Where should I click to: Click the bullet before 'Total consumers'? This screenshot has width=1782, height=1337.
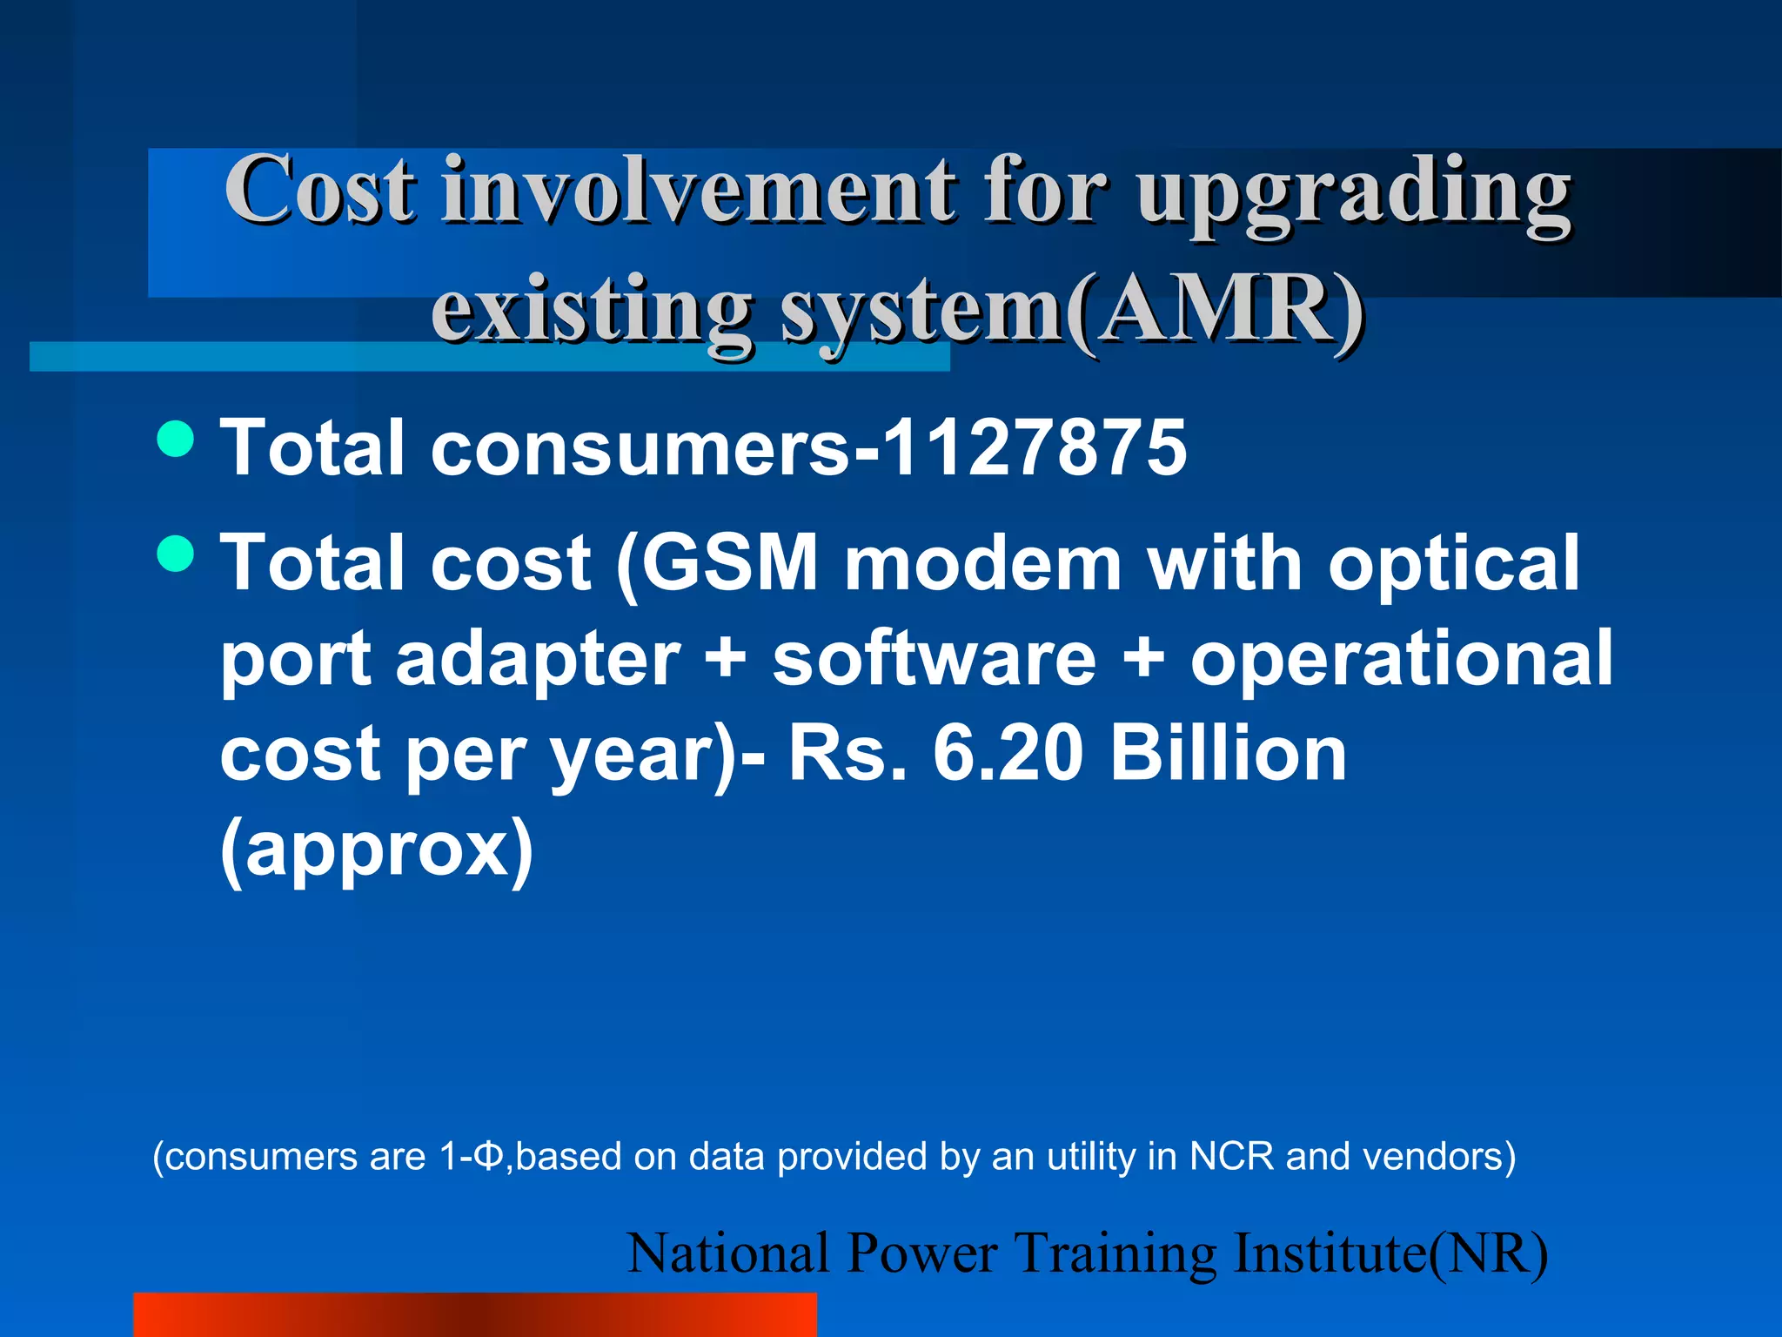(x=177, y=438)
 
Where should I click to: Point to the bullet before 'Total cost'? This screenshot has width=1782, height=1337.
(x=177, y=554)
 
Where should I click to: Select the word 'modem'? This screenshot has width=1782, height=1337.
(x=983, y=563)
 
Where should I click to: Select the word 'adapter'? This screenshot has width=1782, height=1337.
(x=538, y=660)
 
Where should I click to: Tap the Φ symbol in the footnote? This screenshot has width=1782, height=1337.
(x=490, y=1157)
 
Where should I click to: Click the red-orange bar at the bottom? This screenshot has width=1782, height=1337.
(x=475, y=1314)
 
